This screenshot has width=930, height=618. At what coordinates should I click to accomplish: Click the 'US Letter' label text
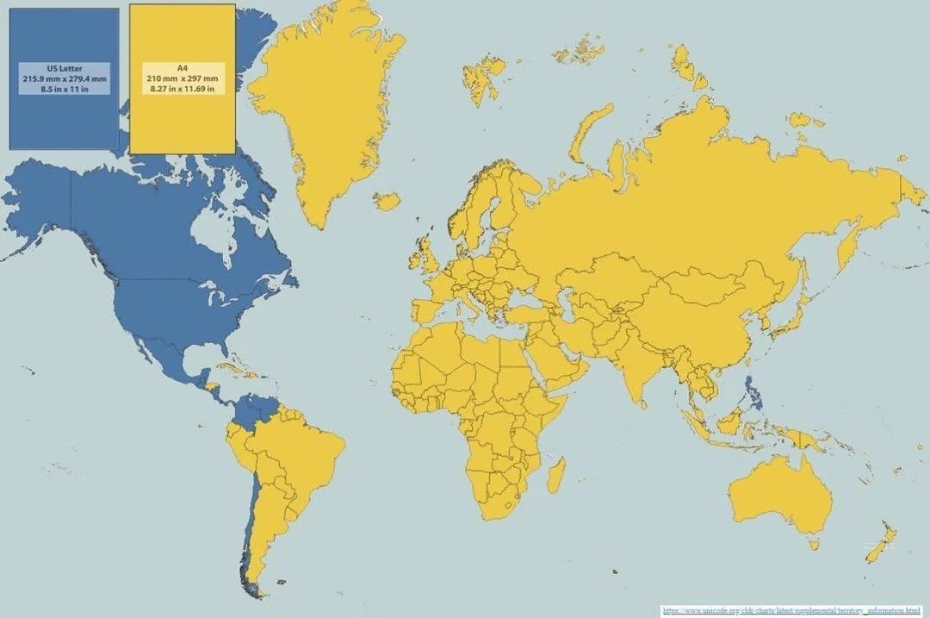[65, 68]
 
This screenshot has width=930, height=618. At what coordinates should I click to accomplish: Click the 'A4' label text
[182, 68]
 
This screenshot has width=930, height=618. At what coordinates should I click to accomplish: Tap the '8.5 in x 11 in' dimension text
[65, 89]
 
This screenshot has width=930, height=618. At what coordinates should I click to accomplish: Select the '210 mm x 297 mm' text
[182, 78]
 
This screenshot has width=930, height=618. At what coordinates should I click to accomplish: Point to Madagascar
[556, 475]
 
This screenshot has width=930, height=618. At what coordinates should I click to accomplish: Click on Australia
[779, 496]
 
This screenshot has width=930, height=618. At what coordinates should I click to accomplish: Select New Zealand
[882, 543]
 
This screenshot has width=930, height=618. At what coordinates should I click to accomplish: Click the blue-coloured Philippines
[752, 392]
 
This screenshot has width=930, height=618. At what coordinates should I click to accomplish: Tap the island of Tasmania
[813, 543]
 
